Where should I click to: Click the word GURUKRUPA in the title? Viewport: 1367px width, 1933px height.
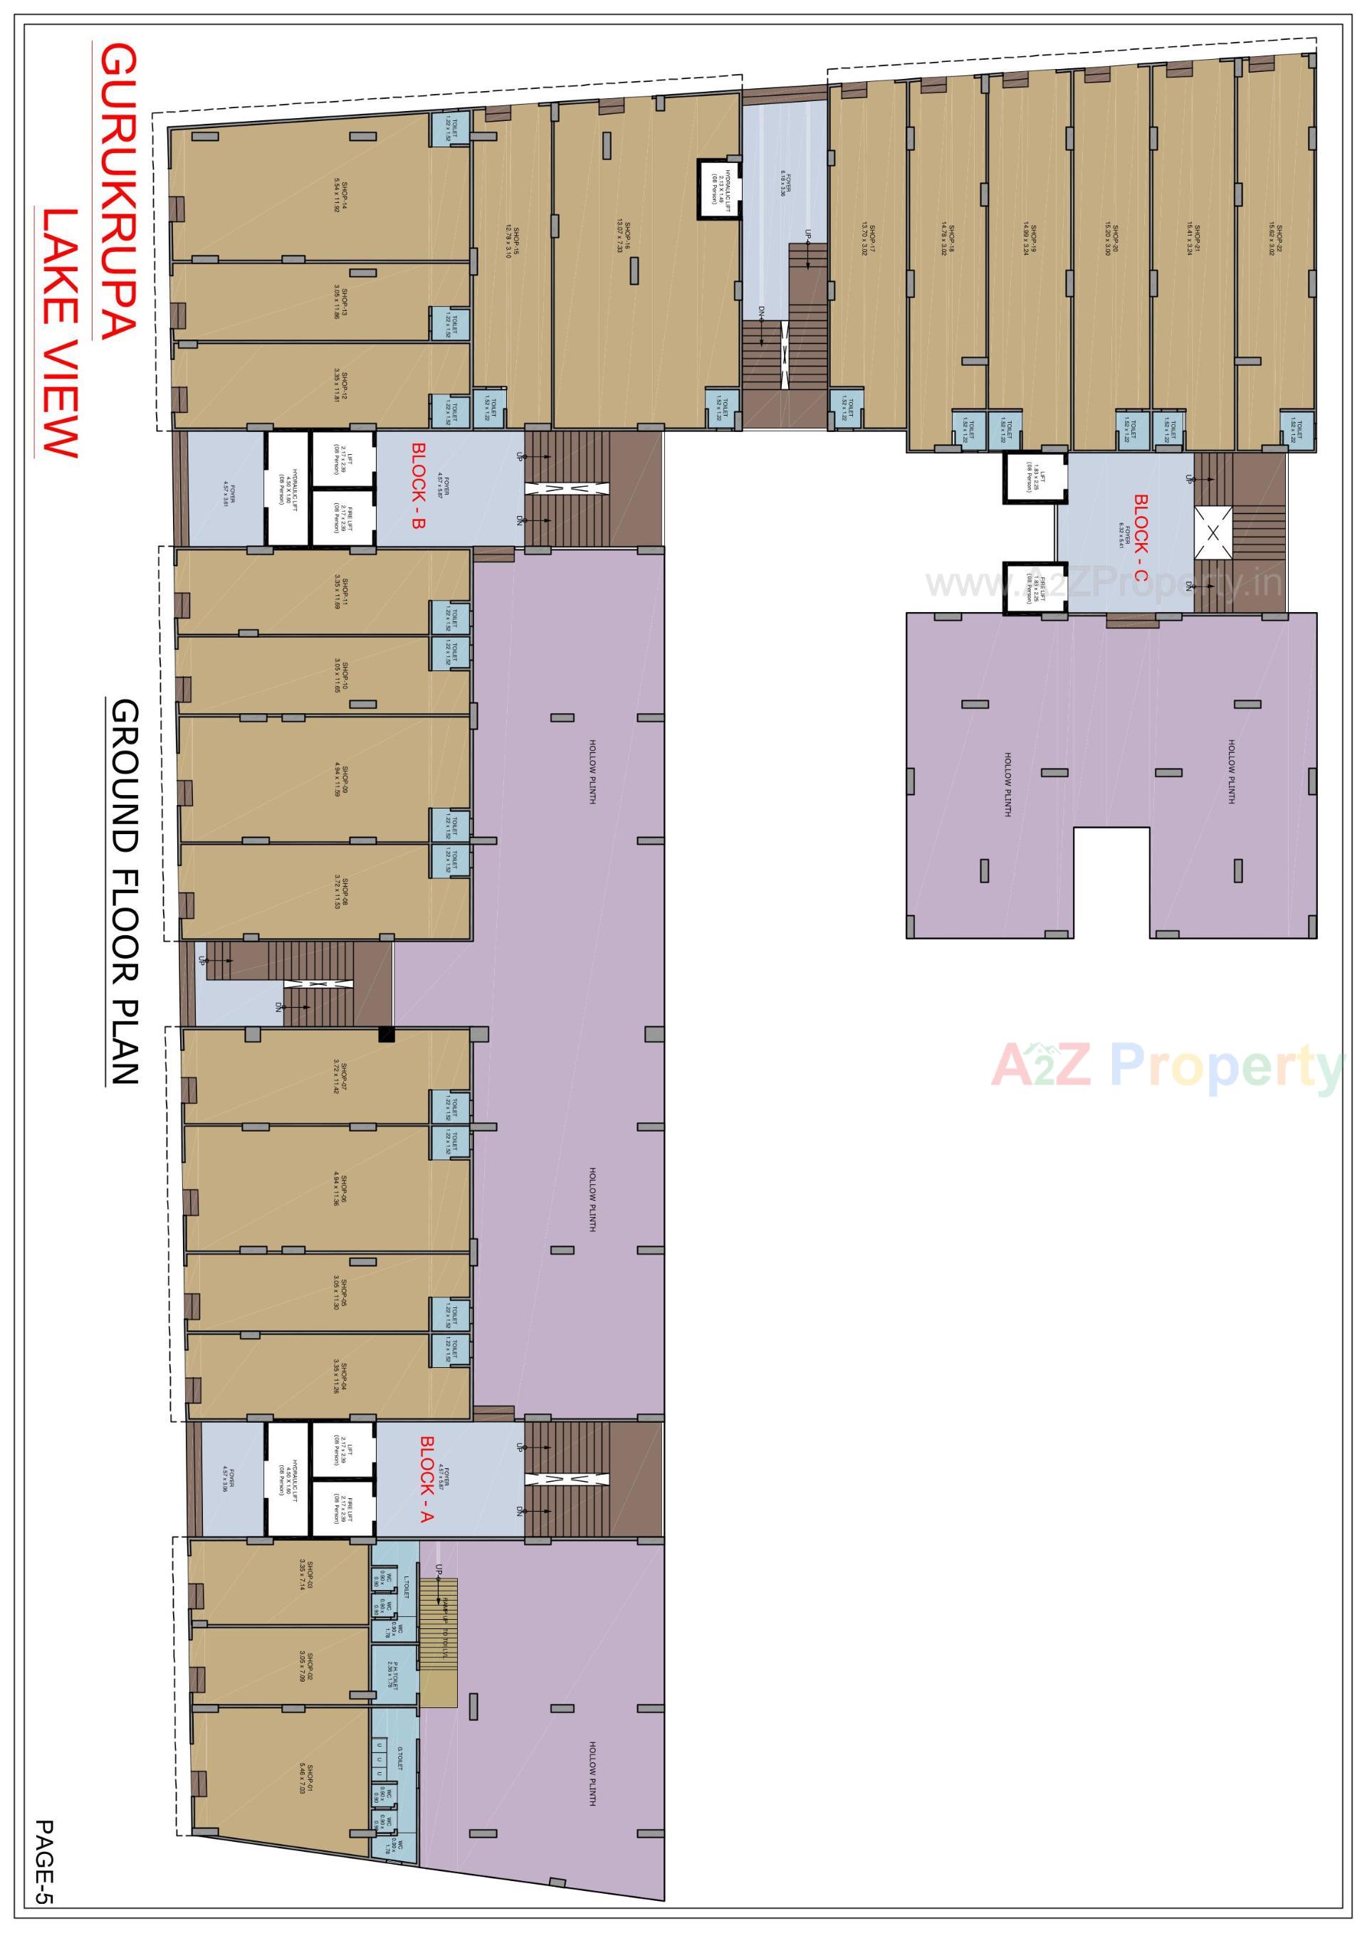[x=117, y=192]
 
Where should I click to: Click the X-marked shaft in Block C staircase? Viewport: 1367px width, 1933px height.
[x=1213, y=532]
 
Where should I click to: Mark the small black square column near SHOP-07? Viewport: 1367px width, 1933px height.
[x=386, y=1035]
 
